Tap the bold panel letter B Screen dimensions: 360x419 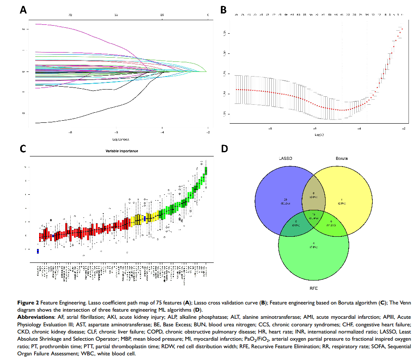tap(224, 10)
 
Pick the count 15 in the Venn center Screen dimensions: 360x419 tap(314, 214)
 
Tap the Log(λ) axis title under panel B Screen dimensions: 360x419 tap(319, 134)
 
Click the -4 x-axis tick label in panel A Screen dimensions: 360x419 tap(162, 132)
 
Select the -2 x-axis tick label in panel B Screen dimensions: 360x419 tap(403, 129)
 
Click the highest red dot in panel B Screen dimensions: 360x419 tap(402, 29)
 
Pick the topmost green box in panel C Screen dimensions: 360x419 tap(206, 170)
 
